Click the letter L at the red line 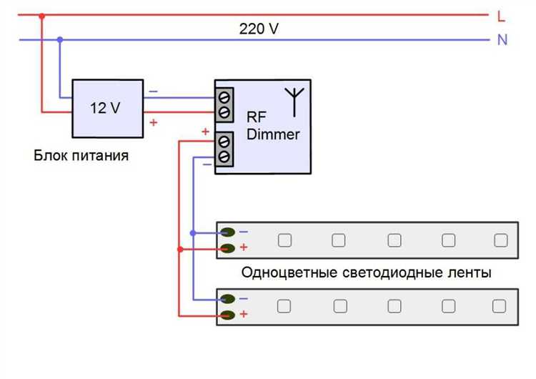click(502, 15)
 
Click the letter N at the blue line click(502, 40)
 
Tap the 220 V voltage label click(259, 29)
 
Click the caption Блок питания click(81, 155)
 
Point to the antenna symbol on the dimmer click(292, 100)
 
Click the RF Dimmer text click(272, 125)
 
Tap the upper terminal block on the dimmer click(224, 104)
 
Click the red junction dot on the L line click(42, 15)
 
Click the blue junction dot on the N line click(60, 39)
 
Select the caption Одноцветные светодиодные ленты click(366, 272)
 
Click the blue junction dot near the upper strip click(192, 232)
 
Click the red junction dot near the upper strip click(179, 249)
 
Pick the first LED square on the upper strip click(284, 240)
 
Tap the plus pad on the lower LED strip click(228, 315)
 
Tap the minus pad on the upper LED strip click(228, 232)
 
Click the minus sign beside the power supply click(153, 91)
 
